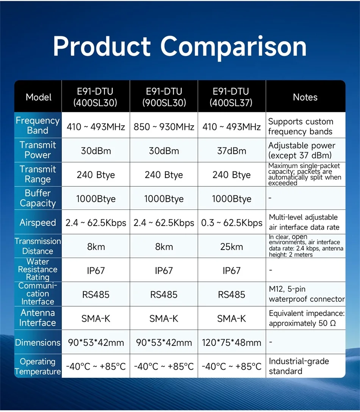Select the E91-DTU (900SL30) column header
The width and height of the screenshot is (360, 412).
(x=164, y=97)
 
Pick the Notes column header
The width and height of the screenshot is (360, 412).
(x=305, y=97)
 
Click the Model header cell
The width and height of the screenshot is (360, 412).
(x=38, y=97)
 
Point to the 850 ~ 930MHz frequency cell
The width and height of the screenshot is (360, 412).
(x=164, y=126)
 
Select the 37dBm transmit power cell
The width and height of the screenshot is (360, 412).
(x=232, y=151)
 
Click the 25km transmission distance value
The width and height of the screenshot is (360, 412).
(x=232, y=247)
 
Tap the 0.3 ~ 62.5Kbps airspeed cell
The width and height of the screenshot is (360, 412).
(x=232, y=223)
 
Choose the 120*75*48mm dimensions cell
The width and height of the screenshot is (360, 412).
(x=232, y=343)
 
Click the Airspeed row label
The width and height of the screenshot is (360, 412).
(x=38, y=223)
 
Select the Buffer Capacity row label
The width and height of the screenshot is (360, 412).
(x=38, y=198)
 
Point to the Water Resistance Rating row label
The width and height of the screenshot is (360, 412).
(x=38, y=269)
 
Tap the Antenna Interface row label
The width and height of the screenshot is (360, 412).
(x=38, y=318)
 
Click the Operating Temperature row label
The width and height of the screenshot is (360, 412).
(x=38, y=367)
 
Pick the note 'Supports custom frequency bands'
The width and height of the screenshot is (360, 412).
(x=301, y=126)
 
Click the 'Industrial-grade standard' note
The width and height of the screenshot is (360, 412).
(x=299, y=366)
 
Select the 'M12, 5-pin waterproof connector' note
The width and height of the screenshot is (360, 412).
(x=307, y=294)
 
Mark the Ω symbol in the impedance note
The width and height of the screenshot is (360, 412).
(x=333, y=323)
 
